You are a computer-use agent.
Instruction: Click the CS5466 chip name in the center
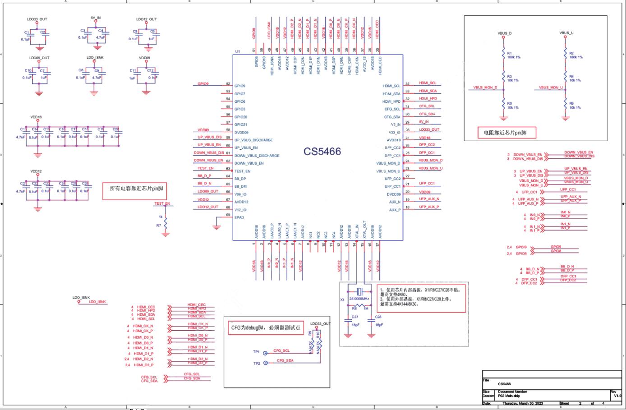point(322,152)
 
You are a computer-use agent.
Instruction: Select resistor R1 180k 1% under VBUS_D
point(504,55)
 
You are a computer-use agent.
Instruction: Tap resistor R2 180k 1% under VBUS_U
point(566,55)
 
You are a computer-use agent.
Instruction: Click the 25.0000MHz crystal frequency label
point(359,299)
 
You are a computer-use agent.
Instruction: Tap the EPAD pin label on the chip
point(239,217)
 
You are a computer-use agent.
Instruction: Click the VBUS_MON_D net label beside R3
point(485,88)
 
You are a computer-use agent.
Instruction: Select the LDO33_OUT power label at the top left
point(37,19)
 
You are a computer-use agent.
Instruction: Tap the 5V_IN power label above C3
point(96,18)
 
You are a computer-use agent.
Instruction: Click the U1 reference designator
point(237,51)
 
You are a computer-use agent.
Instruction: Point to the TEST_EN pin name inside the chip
point(242,171)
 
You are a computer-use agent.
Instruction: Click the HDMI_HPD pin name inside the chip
point(391,101)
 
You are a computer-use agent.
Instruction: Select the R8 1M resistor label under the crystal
point(359,309)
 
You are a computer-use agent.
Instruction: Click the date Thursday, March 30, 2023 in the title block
point(523,403)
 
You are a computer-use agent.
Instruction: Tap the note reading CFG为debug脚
point(266,327)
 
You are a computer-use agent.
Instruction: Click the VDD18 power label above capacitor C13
point(36,117)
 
